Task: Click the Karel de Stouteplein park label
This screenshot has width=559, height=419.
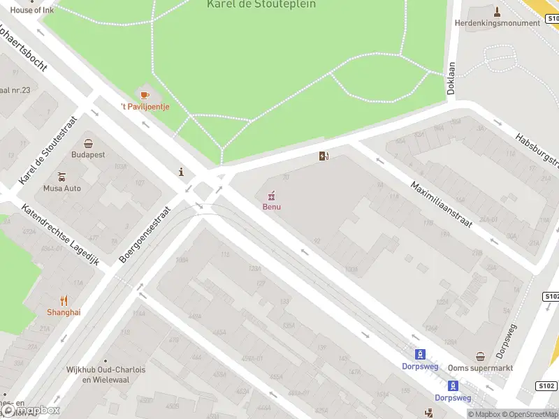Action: [x=261, y=4]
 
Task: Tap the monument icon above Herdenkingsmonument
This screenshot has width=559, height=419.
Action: [x=497, y=10]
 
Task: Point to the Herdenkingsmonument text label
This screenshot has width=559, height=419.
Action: [x=497, y=23]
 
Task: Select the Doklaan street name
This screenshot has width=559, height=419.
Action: [x=451, y=78]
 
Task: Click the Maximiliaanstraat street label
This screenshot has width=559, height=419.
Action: [x=441, y=205]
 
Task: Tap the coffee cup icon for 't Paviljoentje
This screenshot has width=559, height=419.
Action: [x=145, y=94]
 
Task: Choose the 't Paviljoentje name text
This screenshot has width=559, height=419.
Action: [x=145, y=107]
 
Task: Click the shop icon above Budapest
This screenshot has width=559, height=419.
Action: [x=88, y=142]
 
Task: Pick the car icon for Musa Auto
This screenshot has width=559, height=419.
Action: [x=62, y=176]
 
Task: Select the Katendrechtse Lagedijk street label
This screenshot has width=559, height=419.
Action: [x=61, y=235]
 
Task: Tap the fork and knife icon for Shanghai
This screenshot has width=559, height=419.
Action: [x=64, y=300]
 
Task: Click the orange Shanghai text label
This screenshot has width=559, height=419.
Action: [x=64, y=312]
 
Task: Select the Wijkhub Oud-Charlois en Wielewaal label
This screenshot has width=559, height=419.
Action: [x=106, y=374]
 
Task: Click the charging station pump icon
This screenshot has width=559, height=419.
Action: [x=323, y=156]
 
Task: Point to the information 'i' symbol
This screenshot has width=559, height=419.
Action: [x=182, y=172]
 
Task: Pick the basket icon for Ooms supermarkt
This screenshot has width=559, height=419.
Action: [x=480, y=356]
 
